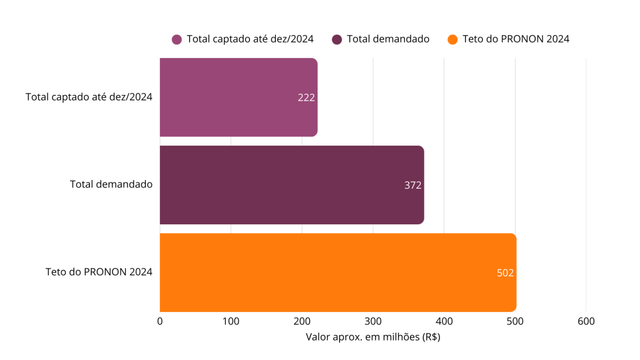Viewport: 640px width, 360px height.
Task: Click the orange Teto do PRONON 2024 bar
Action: (x=337, y=272)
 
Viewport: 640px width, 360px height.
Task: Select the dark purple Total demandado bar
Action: (x=291, y=185)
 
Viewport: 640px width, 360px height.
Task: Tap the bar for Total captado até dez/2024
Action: (x=238, y=97)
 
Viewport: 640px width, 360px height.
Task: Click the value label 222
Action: (x=306, y=97)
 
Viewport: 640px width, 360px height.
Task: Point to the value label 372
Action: (x=412, y=185)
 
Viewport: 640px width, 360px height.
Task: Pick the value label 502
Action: (x=505, y=272)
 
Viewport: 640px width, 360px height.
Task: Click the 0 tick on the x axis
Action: (x=160, y=321)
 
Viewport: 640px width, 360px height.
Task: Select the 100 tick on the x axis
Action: (x=231, y=321)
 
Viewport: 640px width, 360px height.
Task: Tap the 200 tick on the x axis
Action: (x=302, y=321)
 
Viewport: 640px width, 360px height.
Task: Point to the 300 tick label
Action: (x=373, y=321)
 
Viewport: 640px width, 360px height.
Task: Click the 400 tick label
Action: (x=444, y=321)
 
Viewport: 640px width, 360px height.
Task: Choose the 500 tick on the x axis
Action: (x=515, y=321)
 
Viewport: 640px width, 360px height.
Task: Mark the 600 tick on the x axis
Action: (x=586, y=321)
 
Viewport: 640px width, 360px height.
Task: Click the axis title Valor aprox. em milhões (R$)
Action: (x=373, y=337)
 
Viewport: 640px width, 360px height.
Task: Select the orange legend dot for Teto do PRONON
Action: (x=454, y=39)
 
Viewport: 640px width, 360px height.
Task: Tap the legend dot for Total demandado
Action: (x=337, y=39)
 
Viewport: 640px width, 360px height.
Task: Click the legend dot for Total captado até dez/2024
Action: (x=177, y=39)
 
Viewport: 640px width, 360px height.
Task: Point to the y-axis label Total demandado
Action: (x=111, y=185)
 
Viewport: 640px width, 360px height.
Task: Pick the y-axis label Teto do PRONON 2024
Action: (x=99, y=272)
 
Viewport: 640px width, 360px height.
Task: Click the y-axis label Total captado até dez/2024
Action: (x=89, y=97)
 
